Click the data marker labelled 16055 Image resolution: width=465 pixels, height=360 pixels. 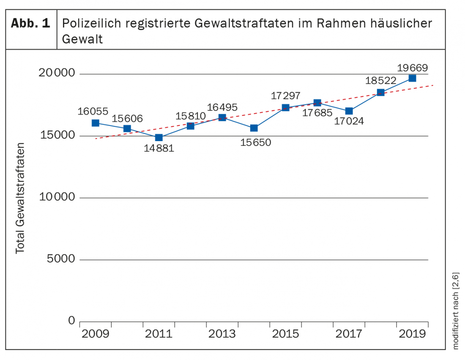(96, 123)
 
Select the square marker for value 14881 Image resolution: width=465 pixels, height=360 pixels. (159, 137)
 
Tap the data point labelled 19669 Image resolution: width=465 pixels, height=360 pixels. (412, 78)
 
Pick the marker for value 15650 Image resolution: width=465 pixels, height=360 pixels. (254, 128)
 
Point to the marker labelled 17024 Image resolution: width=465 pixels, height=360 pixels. (349, 111)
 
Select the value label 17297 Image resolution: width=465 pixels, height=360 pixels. (286, 96)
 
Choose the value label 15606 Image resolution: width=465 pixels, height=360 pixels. (128, 118)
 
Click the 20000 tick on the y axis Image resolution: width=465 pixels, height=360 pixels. (56, 74)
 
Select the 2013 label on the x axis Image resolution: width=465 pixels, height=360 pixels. (222, 334)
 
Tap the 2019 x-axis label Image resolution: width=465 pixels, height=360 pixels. (412, 334)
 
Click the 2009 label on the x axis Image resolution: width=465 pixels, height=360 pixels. (96, 334)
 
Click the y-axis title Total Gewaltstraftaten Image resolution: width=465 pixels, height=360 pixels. (20, 198)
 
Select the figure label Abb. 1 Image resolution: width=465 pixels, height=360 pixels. (30, 24)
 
